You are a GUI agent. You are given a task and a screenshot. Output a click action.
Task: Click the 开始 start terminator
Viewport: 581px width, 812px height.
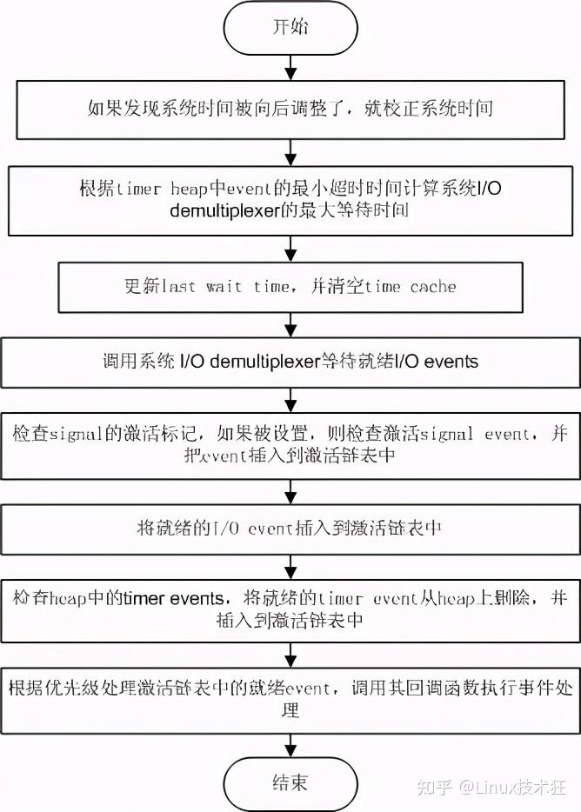click(290, 28)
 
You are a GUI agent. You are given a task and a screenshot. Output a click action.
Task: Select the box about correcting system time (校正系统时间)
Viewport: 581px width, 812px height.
click(290, 109)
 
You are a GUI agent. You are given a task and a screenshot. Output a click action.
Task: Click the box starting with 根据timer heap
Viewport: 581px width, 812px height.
click(290, 199)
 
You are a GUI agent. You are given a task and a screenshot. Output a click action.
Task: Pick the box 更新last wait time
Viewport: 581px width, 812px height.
click(290, 287)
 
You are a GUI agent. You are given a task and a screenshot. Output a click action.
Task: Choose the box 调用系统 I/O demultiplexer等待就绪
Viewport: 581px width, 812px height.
click(290, 361)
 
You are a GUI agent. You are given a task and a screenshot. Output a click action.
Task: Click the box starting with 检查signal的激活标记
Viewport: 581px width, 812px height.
click(290, 444)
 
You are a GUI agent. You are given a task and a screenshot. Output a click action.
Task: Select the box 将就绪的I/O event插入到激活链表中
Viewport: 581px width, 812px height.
click(290, 528)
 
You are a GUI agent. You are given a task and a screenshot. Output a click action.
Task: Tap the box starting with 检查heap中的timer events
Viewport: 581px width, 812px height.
click(290, 609)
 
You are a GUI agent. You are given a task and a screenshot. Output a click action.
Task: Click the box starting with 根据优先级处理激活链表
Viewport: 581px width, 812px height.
click(290, 700)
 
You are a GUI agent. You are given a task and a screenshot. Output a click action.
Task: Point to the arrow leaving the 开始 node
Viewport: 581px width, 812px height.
click(290, 67)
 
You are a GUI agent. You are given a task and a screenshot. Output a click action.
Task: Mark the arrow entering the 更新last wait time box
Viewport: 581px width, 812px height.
click(290, 249)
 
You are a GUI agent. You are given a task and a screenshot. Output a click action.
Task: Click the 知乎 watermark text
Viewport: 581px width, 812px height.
click(434, 788)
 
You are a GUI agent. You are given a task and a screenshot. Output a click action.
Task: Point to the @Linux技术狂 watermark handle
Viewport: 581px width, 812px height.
click(514, 788)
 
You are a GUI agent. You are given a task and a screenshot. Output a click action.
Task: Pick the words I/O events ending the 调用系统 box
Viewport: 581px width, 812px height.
click(434, 361)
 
